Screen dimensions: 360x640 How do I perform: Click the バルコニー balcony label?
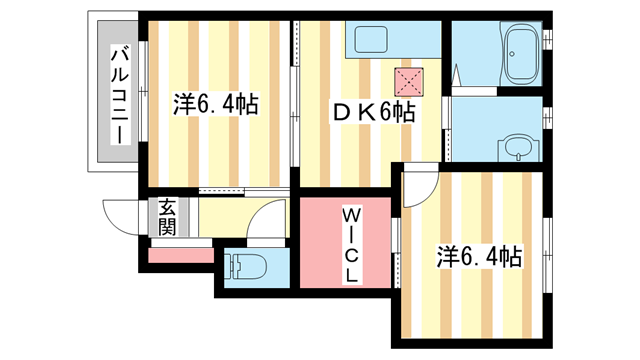pos(117,95)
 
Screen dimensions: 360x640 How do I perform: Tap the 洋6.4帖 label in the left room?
pos(215,103)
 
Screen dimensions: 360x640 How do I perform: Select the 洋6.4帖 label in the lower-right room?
pos(479,256)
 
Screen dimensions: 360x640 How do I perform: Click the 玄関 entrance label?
pos(166,218)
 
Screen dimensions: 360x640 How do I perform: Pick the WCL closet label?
pos(354,244)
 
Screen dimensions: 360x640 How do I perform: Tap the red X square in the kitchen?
pos(408,79)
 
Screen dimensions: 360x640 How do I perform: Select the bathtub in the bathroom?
pos(521,56)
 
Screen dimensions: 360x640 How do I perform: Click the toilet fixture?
pos(245,268)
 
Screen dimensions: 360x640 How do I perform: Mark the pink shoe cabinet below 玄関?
pos(180,254)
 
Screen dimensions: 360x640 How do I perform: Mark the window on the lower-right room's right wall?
pos(548,265)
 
